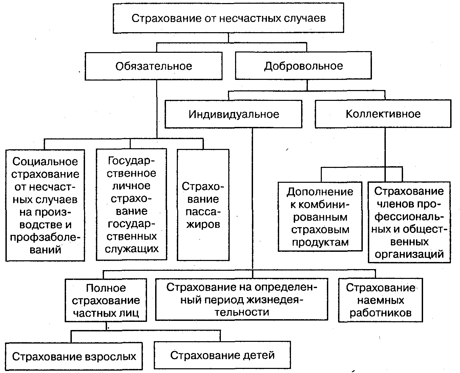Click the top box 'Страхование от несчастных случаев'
[x=228, y=18]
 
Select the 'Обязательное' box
[x=153, y=66]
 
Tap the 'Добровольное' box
[x=304, y=66]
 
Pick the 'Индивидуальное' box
[x=233, y=114]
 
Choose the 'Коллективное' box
[x=383, y=114]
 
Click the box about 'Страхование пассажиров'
[x=203, y=205]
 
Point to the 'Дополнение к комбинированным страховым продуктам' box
[x=320, y=217]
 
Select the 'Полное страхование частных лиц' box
[x=106, y=300]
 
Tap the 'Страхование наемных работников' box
[x=380, y=300]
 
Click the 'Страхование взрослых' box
[x=74, y=356]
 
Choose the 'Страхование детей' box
[x=222, y=355]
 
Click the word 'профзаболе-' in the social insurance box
[x=45, y=237]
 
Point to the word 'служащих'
[x=132, y=249]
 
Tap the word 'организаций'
[x=409, y=254]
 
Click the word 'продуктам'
[x=320, y=242]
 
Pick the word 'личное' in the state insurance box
[x=131, y=186]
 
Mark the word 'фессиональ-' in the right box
[x=409, y=216]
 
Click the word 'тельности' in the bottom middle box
[x=242, y=312]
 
